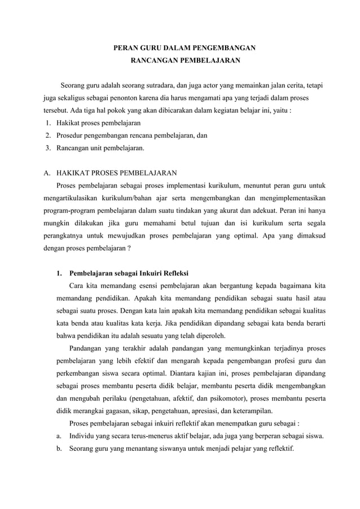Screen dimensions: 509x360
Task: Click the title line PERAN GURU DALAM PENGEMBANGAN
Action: [181, 48]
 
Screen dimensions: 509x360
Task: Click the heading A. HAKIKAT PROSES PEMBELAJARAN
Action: [112, 173]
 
